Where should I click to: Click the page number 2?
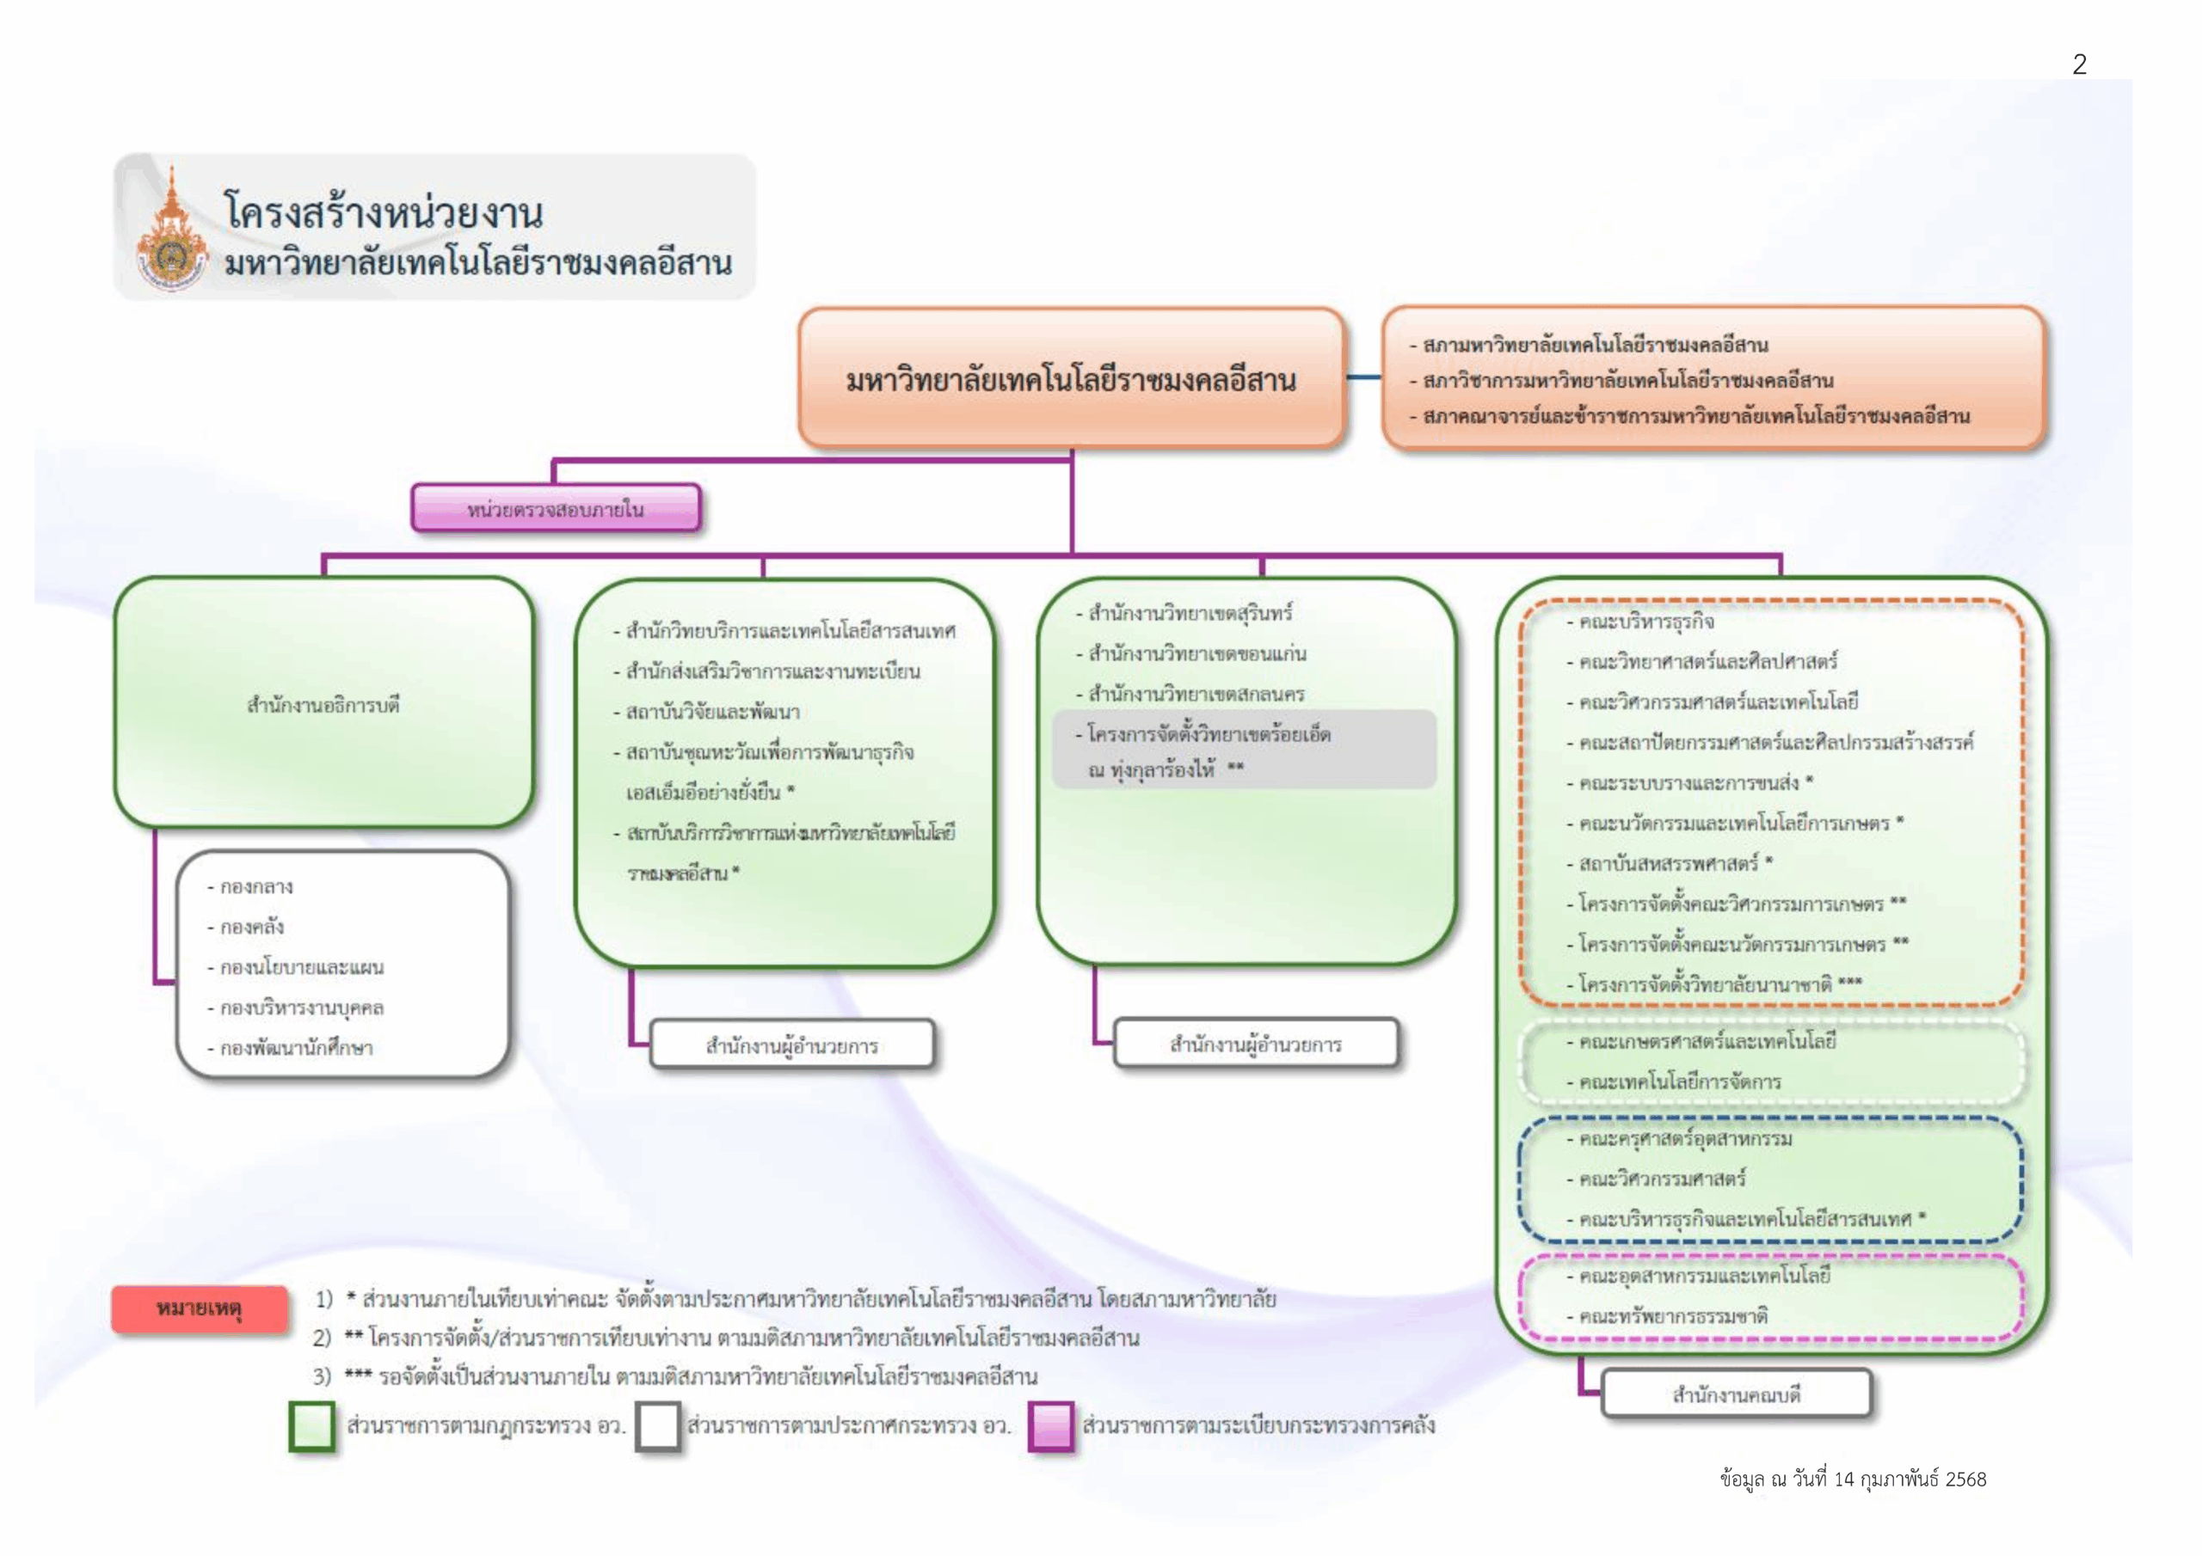[x=2079, y=64]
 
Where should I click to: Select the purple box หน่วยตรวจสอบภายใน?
[x=556, y=508]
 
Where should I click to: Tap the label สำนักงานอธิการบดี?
[x=323, y=706]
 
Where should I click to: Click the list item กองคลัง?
[x=251, y=927]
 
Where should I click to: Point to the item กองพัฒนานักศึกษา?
[x=295, y=1048]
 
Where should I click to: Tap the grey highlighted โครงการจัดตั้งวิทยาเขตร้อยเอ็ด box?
[x=1244, y=750]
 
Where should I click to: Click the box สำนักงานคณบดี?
[x=1736, y=1395]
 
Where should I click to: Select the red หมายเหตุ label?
[x=200, y=1308]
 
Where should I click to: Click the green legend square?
[x=311, y=1426]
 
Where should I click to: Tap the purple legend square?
[x=1050, y=1426]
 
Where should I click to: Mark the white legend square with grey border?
[x=658, y=1426]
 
